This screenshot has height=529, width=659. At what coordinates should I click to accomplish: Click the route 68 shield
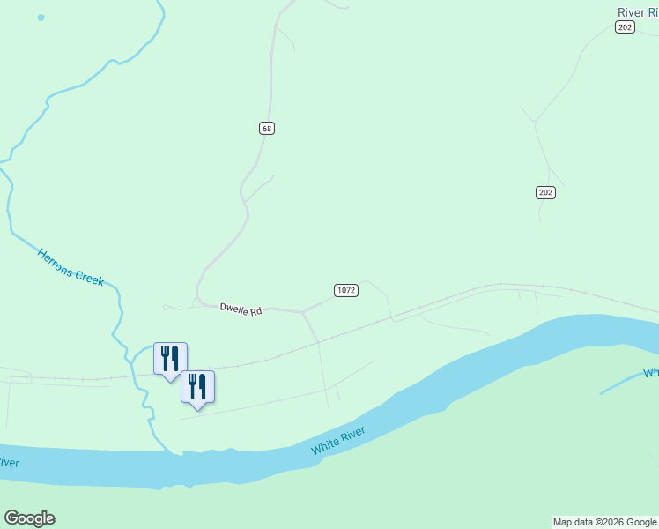click(267, 128)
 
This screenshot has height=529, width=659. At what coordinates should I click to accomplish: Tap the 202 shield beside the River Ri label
click(625, 27)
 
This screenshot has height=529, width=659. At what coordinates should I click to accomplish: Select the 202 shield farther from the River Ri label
click(545, 192)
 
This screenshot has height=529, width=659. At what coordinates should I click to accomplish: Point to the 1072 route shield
click(346, 290)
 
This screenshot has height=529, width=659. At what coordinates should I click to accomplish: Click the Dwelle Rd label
click(241, 309)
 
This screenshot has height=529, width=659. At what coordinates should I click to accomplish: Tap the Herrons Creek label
click(70, 266)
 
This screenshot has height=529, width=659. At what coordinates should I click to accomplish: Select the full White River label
click(350, 439)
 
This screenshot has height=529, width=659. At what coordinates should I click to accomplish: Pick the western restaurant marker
click(170, 359)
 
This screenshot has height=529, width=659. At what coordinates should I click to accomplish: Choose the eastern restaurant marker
click(197, 386)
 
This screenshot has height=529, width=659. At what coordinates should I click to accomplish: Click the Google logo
click(29, 518)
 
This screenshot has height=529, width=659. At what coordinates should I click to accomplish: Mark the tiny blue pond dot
click(41, 18)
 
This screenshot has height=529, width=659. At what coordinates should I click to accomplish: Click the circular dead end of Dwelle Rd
click(166, 307)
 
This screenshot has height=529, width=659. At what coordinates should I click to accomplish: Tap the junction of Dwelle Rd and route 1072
click(302, 311)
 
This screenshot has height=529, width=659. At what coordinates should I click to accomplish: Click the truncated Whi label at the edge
click(650, 373)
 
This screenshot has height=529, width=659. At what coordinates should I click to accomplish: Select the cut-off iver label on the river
click(9, 462)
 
